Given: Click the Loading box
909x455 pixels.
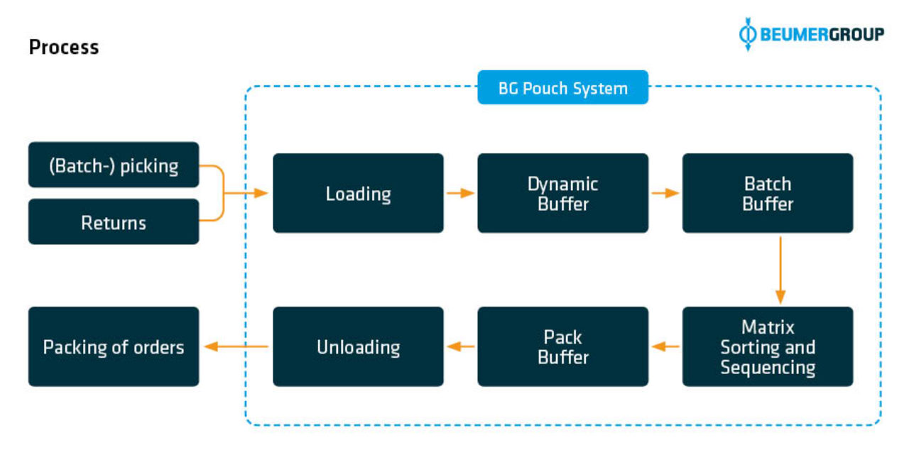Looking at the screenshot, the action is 358,193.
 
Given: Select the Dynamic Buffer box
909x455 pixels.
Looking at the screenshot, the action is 563,193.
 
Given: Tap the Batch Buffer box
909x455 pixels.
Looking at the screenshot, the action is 768,193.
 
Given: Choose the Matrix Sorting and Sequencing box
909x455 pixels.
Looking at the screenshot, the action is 768,346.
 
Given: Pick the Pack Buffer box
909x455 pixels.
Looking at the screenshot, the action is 563,346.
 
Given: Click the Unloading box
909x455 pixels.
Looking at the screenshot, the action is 358,346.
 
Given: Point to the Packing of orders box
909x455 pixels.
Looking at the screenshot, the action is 114,346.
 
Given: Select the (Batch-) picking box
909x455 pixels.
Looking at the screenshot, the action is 114,165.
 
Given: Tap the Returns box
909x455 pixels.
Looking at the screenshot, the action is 114,221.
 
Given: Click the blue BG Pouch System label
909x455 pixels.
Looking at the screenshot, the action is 563,87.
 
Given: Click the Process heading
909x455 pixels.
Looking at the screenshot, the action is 64,48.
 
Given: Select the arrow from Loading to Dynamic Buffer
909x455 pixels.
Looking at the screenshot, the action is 461,193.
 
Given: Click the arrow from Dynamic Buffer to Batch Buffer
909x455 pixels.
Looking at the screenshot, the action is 665,193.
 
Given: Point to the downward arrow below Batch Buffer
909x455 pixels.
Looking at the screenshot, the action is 780,270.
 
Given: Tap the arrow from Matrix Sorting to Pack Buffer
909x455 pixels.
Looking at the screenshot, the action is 665,346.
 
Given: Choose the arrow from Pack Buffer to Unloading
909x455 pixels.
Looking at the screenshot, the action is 461,346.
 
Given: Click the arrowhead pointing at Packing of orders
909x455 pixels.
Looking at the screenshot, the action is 211,346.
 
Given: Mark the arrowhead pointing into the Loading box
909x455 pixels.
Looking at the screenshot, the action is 261,193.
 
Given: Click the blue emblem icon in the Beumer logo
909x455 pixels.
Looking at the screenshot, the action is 748,34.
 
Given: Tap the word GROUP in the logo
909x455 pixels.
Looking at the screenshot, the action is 856,35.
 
